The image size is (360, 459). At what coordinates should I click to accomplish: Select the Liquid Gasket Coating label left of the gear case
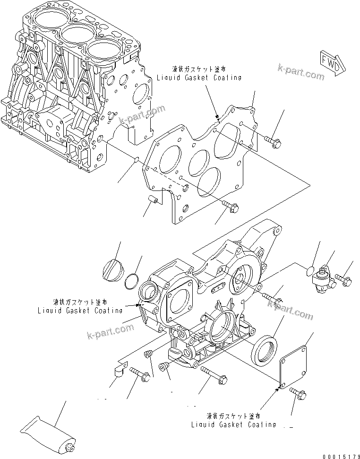tap(80, 307)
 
